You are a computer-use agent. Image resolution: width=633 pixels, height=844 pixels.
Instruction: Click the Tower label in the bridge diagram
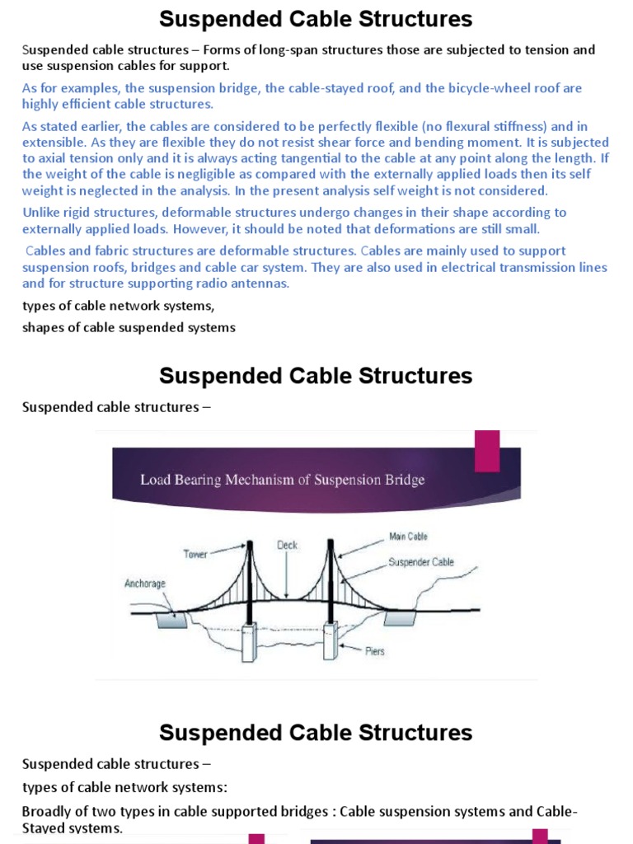[195, 555]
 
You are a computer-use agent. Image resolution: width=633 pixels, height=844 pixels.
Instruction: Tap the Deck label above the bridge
[287, 546]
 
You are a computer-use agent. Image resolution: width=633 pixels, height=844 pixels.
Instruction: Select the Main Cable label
[408, 537]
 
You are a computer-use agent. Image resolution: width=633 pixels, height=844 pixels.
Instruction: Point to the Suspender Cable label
[420, 563]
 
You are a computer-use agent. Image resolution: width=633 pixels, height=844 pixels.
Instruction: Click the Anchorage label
[145, 584]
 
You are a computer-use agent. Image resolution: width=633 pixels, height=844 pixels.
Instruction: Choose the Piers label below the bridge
[375, 651]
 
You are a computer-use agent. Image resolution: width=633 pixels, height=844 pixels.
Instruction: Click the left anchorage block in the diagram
[171, 620]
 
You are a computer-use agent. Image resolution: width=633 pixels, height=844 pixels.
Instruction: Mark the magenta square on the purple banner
[487, 451]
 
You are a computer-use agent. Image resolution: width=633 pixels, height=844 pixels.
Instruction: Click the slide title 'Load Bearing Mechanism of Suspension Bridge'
[283, 480]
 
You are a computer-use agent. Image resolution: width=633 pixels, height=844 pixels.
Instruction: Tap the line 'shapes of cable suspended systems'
[129, 327]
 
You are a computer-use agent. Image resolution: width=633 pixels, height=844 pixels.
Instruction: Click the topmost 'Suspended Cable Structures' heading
[316, 19]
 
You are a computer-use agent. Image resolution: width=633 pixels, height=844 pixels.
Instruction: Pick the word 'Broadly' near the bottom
[46, 812]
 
